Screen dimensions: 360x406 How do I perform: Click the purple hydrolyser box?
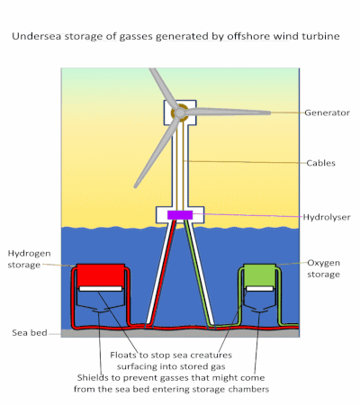(180, 215)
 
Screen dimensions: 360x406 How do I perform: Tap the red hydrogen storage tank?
(101, 275)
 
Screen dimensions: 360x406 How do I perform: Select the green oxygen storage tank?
(259, 275)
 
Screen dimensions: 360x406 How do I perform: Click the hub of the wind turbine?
(180, 113)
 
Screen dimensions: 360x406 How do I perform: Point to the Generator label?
(327, 113)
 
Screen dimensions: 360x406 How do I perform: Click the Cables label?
(320, 163)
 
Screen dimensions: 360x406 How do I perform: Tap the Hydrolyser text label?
(327, 217)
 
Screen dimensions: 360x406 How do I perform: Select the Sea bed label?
(30, 333)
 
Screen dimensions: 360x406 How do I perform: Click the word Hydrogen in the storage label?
(29, 254)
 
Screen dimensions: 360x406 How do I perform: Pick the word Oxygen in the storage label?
(323, 263)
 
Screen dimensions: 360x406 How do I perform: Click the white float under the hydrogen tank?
(101, 289)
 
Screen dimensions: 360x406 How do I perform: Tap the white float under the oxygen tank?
(260, 289)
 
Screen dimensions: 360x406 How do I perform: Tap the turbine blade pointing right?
(227, 113)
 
